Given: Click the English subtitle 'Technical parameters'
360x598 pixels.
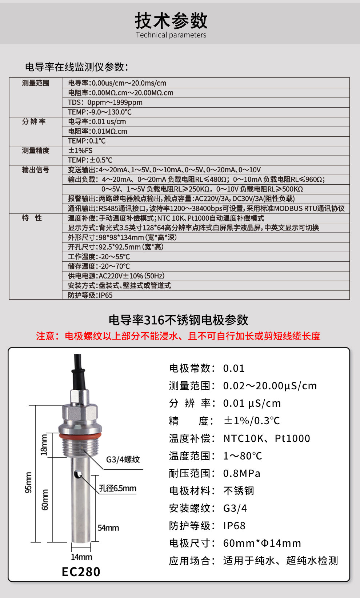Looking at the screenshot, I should (x=171, y=35).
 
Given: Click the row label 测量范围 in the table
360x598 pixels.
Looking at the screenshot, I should (x=36, y=83).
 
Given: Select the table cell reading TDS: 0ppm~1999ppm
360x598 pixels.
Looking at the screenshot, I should (x=105, y=103).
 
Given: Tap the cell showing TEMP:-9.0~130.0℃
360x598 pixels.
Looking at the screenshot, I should (x=100, y=112).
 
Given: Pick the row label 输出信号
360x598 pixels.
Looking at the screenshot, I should (x=36, y=170).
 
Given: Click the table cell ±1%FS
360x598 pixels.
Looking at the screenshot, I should (x=80, y=150).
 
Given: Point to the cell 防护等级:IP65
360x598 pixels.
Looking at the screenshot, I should (x=90, y=295).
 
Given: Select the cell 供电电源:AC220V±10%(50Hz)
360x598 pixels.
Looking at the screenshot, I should (x=116, y=276).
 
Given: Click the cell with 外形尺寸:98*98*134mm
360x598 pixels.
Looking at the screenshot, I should (x=122, y=237).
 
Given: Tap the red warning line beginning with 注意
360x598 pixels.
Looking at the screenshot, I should (x=178, y=336).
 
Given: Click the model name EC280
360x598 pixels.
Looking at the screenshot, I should (x=81, y=572).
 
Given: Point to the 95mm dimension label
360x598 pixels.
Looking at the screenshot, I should (x=28, y=482).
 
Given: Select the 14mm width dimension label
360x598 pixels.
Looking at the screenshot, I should (x=81, y=557).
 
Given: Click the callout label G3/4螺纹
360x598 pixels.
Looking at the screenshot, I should (x=123, y=459).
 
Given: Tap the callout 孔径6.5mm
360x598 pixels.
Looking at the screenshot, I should (x=117, y=488).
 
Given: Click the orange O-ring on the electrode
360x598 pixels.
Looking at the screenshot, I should (x=80, y=435).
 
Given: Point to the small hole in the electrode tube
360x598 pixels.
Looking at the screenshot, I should (x=77, y=474).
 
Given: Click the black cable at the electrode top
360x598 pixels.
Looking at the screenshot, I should (x=77, y=367).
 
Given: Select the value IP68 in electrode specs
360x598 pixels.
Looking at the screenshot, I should (x=234, y=526).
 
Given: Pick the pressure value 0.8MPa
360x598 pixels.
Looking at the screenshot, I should (x=241, y=473).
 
